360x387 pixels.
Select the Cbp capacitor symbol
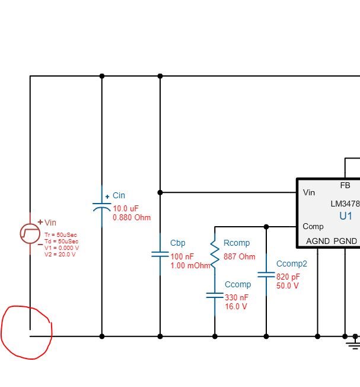point(160,254)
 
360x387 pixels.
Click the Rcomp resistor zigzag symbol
point(215,252)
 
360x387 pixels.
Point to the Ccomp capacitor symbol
point(215,294)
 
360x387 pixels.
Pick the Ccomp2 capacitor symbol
point(266,275)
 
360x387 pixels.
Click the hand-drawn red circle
point(26,332)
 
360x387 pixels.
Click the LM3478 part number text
point(345,204)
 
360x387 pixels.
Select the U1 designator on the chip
point(345,216)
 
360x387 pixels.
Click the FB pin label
point(345,186)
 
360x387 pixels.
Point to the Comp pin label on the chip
point(313,226)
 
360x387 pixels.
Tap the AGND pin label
point(317,241)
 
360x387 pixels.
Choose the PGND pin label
point(345,241)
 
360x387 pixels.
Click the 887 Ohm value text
point(239,257)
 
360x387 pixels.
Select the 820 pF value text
point(288,277)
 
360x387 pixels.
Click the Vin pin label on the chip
point(309,192)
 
